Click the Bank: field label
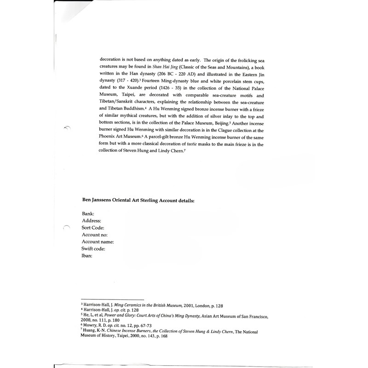(88, 214)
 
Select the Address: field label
(92, 221)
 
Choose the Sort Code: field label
(93, 228)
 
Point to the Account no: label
(95, 235)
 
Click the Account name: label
(98, 241)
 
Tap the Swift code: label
(94, 248)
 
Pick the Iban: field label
(87, 256)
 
